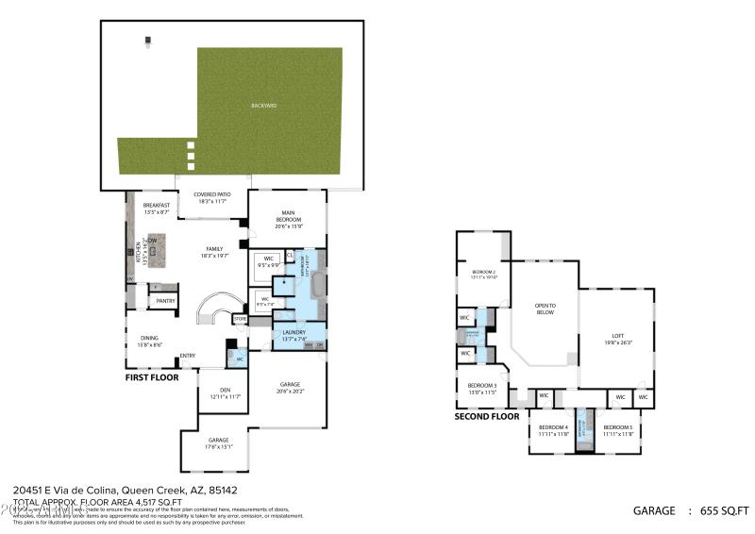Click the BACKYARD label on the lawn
pos(264,106)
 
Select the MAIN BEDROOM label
pos(287,217)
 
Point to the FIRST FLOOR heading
pos(152,376)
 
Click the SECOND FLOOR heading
pos(487,416)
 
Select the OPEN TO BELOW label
pos(545,309)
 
